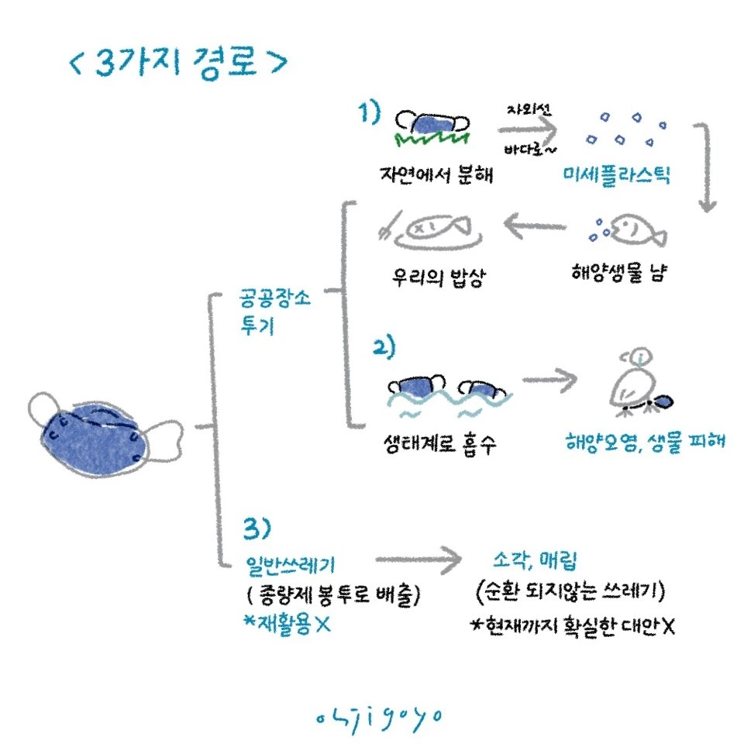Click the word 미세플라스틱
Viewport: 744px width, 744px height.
click(x=617, y=174)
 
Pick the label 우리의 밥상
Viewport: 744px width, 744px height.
click(x=437, y=276)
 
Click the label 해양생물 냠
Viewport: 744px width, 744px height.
click(x=621, y=274)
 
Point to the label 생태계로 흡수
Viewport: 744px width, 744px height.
click(x=439, y=444)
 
